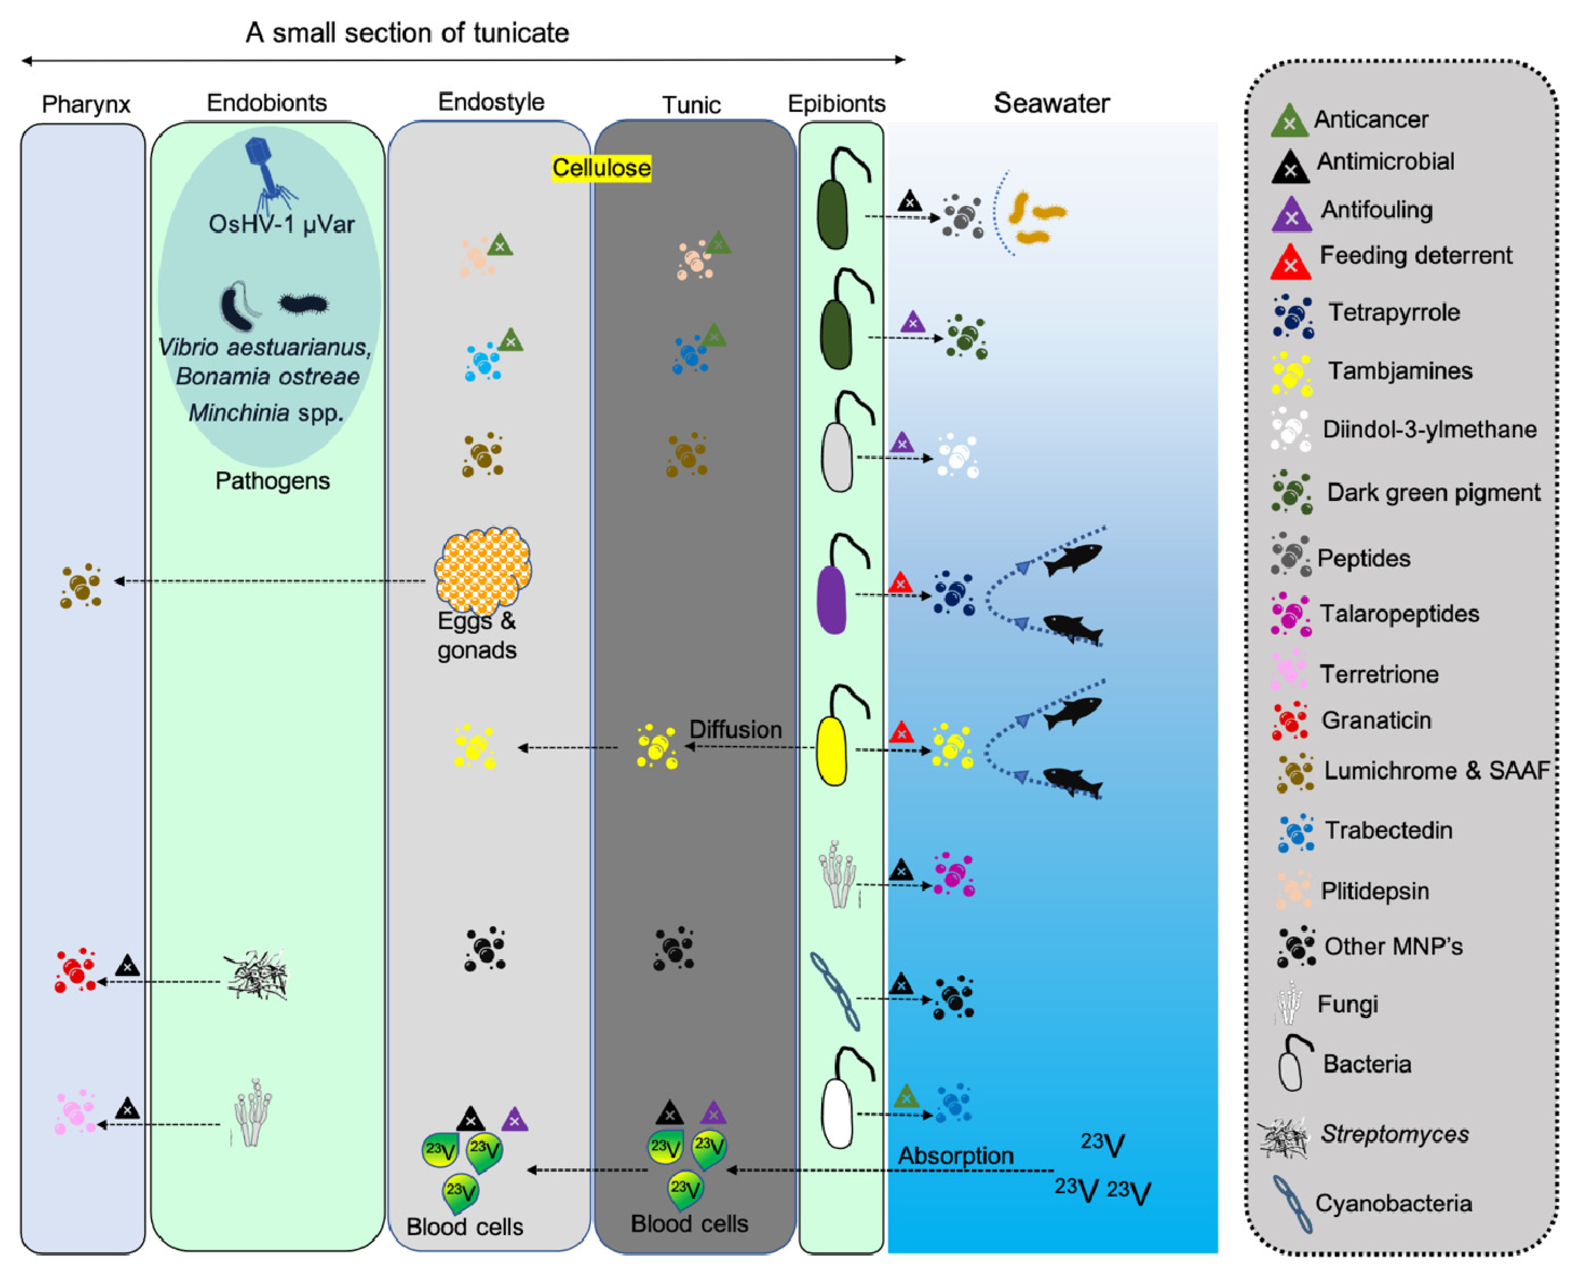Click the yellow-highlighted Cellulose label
click(x=601, y=168)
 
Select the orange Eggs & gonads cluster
click(x=483, y=569)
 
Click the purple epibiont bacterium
click(x=832, y=598)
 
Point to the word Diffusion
click(x=735, y=729)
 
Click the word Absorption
click(x=956, y=1155)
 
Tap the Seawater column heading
click(x=1051, y=103)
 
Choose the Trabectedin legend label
click(x=1388, y=830)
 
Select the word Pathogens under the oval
click(x=272, y=481)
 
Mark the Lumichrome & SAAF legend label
click(x=1436, y=771)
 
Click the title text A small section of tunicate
click(x=407, y=33)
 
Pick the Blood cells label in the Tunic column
click(x=689, y=1223)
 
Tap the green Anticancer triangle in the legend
click(x=1289, y=121)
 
